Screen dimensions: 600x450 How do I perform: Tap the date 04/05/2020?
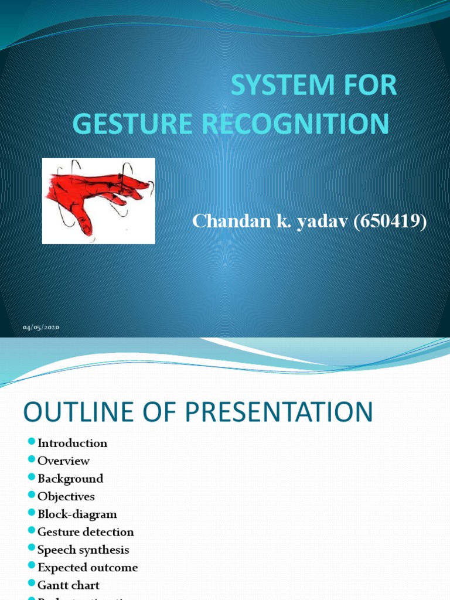pos(42,327)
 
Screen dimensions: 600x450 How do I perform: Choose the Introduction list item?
pos(72,443)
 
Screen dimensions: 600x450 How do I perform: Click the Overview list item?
pos(63,461)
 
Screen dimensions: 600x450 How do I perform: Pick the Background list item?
pos(70,479)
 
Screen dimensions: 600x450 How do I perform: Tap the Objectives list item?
pos(66,496)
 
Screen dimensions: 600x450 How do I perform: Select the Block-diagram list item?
pos(77,514)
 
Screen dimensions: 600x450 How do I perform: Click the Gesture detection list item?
pos(86,532)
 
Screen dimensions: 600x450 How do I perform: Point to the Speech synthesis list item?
pos(83,550)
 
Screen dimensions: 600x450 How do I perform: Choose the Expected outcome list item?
pos(87,567)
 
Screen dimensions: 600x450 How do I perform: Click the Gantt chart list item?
pos(69,585)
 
